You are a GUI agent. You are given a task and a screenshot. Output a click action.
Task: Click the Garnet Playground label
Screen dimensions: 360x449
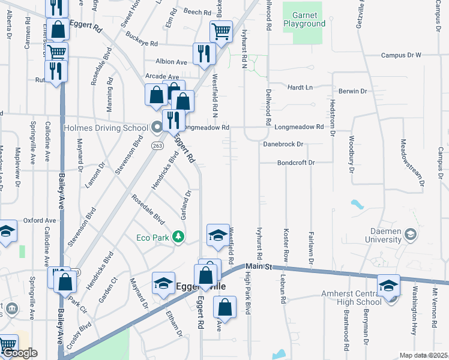tap(309, 19)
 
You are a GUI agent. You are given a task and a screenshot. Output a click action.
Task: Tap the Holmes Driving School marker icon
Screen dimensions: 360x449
tap(157, 127)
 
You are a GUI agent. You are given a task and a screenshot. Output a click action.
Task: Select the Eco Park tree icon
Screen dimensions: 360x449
tap(178, 238)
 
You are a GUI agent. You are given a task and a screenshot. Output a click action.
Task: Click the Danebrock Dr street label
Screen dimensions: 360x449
tap(283, 145)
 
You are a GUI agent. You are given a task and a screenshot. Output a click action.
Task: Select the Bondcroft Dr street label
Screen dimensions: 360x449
tap(296, 163)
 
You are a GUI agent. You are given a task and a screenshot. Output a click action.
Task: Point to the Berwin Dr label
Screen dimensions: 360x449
tap(352, 91)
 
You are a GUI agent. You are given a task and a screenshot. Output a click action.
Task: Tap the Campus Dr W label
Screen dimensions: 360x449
tap(402, 55)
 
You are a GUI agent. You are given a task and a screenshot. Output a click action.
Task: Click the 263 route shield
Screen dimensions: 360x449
tap(158, 146)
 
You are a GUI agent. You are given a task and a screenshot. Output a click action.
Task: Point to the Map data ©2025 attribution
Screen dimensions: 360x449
tap(423, 355)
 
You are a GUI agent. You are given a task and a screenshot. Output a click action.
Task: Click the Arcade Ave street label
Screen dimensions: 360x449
tap(162, 77)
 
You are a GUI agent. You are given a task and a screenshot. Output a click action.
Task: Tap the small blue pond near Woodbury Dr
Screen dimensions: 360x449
tap(358, 203)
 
